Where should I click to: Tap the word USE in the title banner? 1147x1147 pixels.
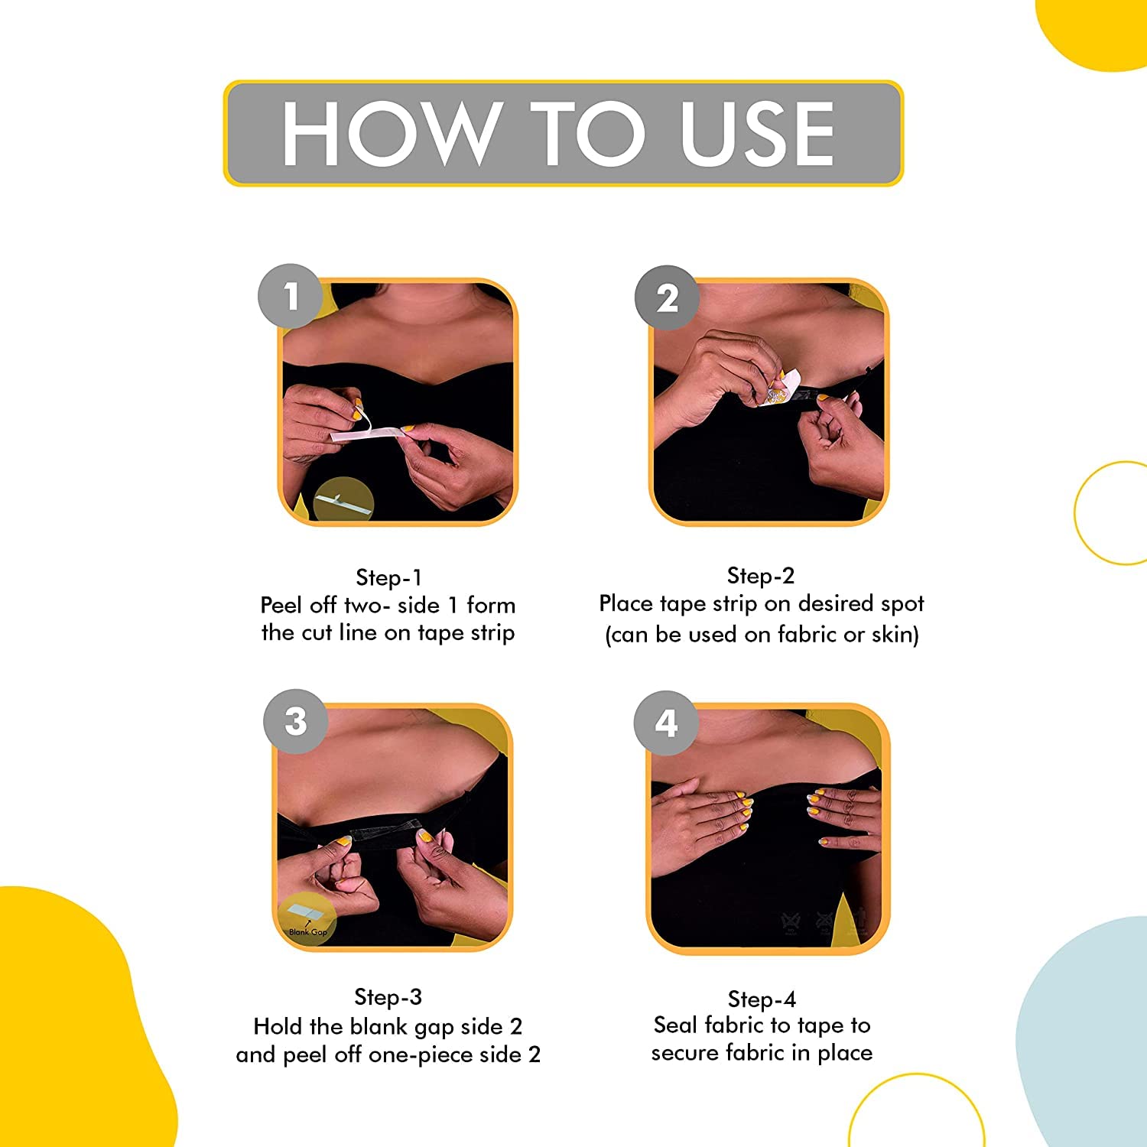coord(757,134)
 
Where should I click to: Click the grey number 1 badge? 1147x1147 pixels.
coord(291,296)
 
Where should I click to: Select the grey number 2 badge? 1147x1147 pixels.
coord(668,298)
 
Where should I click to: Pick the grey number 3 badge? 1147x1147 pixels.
coord(296,721)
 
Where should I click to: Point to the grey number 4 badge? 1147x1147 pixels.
coord(666,723)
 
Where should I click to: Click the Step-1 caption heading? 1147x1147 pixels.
coord(388,577)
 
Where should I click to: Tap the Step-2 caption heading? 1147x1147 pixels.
coord(761,575)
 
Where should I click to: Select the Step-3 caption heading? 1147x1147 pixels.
coord(388,997)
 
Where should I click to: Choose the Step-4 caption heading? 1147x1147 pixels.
coord(762,999)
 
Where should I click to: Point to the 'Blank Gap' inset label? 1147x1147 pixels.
coord(308,932)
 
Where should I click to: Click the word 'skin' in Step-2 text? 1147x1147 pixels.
coord(894,634)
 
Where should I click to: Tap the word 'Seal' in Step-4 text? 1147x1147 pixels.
coord(676,1025)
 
